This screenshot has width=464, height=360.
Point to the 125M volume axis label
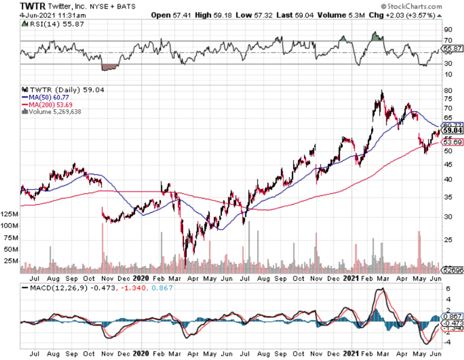pos(10,215)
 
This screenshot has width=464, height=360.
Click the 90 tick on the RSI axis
pos(448,29)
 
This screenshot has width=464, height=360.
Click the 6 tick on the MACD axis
pos(448,289)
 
